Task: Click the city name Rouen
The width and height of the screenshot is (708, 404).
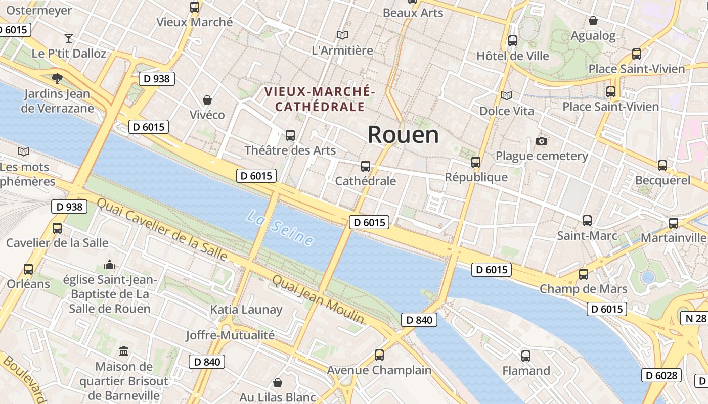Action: point(403,134)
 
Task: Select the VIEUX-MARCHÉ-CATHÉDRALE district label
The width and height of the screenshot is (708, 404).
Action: point(320,99)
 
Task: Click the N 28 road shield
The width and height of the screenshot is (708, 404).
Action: point(695,318)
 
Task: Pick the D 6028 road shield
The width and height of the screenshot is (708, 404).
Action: point(661,375)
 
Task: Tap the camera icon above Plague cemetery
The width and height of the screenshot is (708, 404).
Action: point(542,141)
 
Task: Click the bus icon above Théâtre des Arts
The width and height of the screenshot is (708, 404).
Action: point(290,135)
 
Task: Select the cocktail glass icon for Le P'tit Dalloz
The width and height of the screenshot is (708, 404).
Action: point(69,38)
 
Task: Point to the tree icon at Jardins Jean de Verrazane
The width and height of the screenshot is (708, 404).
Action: point(57,78)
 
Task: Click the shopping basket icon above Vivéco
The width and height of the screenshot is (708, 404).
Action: point(207,99)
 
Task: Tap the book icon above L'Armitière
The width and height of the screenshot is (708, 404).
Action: point(342,35)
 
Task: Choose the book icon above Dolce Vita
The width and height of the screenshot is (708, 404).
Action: point(506,95)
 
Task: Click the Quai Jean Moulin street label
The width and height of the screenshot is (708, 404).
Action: point(318,299)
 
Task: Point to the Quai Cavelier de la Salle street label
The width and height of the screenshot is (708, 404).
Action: point(162,230)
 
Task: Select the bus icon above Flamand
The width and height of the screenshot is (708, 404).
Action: point(526,356)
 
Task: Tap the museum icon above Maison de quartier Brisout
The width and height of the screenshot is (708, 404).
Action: point(124,351)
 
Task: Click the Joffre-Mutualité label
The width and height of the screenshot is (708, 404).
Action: point(230,335)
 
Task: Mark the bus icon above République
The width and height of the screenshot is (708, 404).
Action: point(476,162)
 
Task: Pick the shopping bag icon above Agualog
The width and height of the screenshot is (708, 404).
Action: point(593,21)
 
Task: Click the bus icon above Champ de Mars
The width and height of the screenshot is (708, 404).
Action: point(584,274)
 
